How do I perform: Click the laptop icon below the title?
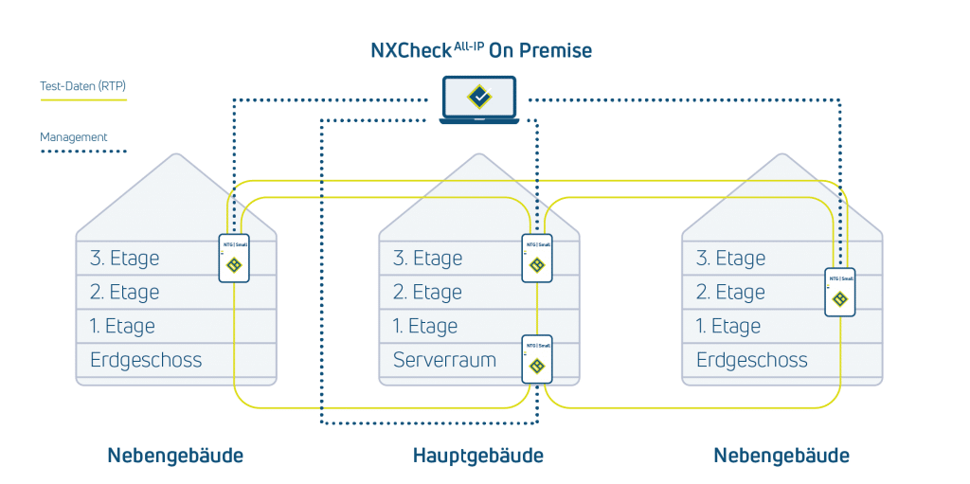coord(479,99)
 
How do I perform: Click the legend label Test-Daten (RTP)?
coord(83,85)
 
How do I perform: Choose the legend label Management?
coord(74,137)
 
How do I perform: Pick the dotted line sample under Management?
coord(83,151)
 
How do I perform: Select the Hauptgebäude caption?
coord(478,456)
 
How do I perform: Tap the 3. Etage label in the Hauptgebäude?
coord(427,258)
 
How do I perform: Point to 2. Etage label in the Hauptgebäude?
coord(427,292)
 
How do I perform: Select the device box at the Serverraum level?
coord(537,359)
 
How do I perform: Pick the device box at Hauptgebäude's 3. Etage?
coord(537,258)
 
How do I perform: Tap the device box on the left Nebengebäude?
coord(234,258)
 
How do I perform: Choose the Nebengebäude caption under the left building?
coord(175,456)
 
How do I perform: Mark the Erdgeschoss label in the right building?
coord(752,360)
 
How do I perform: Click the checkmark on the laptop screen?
coord(479,96)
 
